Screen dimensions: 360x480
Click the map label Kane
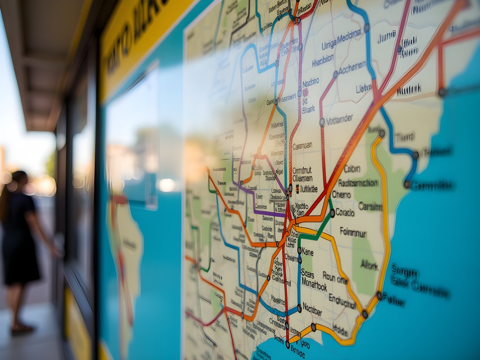(307, 252)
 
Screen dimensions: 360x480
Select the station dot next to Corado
(332, 213)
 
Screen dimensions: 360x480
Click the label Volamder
(346, 120)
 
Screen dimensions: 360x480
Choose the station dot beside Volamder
(322, 122)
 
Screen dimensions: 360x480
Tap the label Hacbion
(323, 60)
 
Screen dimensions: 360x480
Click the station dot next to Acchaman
(335, 74)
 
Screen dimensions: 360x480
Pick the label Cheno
(341, 194)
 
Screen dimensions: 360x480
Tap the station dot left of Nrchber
(299, 308)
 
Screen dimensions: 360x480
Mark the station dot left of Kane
(299, 251)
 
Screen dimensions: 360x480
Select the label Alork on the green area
(369, 265)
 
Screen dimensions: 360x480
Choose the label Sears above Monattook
(307, 274)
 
